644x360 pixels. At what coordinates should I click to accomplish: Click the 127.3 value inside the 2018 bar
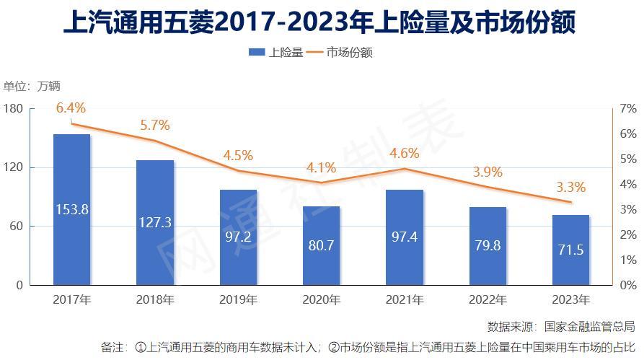coord(154,222)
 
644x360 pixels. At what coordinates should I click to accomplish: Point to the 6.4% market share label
coord(71,108)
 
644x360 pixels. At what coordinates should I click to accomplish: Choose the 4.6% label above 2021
coord(404,153)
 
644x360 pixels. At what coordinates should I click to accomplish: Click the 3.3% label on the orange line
coord(570,188)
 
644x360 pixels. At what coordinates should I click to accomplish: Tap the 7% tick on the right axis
coord(628,109)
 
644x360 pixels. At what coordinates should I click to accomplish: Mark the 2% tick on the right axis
coord(628,235)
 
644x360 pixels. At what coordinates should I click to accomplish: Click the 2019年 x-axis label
coord(238,299)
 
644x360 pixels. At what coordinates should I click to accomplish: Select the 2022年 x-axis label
coord(487,299)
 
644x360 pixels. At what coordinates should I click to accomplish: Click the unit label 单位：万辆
coord(32,87)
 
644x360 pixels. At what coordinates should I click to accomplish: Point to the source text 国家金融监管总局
coord(590,326)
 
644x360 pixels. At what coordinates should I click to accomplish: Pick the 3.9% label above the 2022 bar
coord(487,172)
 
